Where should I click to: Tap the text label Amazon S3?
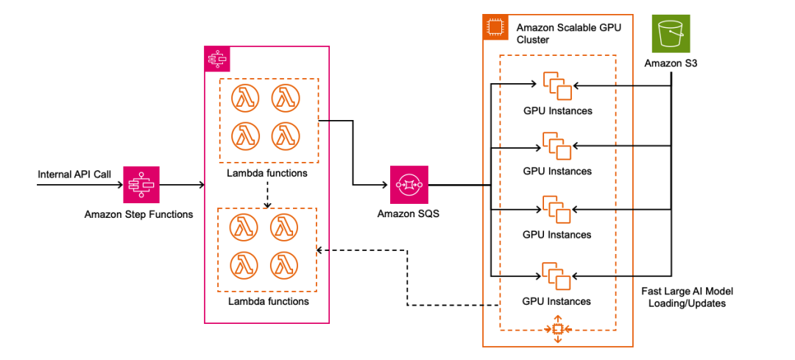click(671, 64)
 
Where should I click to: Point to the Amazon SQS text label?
click(408, 214)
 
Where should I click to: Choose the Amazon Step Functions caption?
click(139, 214)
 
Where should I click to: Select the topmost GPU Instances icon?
click(557, 85)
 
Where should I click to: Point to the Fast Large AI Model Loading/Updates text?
click(688, 297)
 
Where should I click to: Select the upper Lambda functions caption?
click(268, 174)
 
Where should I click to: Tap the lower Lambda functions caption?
click(268, 301)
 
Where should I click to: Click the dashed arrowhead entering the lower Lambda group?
click(320, 250)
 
